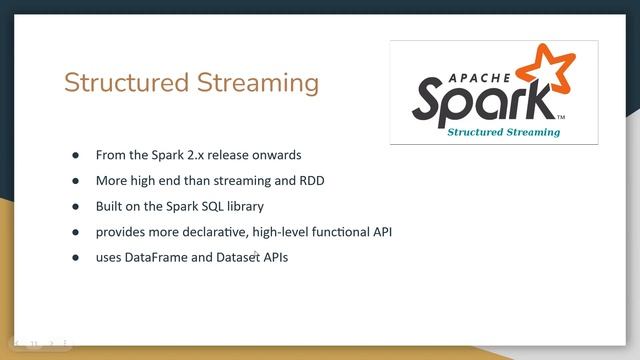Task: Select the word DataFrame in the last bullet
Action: pos(160,259)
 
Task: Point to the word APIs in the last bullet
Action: pos(274,259)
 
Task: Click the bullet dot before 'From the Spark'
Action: pos(75,156)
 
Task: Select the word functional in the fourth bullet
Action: pos(352,233)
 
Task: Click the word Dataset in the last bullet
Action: pos(230,259)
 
